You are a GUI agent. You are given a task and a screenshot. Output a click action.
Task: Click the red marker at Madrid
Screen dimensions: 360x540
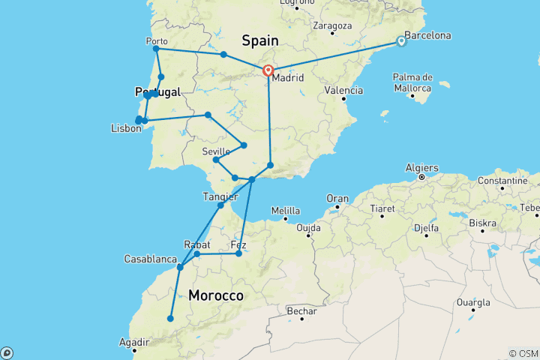click(268, 71)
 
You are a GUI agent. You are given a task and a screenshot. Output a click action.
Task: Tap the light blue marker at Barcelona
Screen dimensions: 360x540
click(401, 42)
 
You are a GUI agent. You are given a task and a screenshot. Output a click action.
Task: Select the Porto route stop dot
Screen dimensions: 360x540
click(156, 49)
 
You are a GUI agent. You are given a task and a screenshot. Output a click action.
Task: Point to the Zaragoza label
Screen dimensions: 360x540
click(332, 25)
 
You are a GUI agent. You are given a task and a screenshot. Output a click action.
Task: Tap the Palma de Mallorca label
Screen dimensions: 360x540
click(412, 82)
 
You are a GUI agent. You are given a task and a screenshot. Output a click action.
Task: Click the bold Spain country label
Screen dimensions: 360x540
click(259, 40)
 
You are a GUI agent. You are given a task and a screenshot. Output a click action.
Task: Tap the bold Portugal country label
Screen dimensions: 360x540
click(158, 91)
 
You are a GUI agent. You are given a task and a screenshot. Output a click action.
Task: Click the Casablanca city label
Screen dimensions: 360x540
click(150, 259)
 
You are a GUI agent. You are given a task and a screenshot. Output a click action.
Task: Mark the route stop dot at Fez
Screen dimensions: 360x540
click(238, 253)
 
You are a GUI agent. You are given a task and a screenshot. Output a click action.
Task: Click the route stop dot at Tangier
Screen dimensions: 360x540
click(220, 205)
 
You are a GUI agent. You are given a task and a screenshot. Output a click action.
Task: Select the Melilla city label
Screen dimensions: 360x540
click(285, 211)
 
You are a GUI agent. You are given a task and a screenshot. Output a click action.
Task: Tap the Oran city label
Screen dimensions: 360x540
click(338, 198)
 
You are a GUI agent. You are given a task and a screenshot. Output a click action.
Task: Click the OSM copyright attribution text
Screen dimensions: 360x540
click(523, 353)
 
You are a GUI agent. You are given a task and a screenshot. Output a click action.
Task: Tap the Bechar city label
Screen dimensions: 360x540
click(302, 310)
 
